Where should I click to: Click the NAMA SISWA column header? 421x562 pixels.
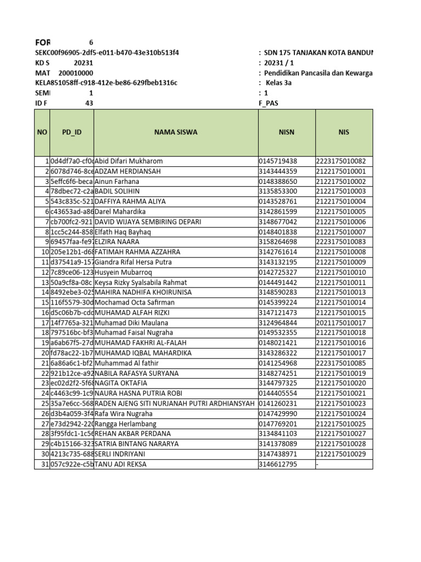[175, 132]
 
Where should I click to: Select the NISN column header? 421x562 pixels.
[287, 132]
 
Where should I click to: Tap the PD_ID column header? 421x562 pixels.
[72, 132]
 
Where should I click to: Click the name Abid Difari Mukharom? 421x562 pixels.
[129, 161]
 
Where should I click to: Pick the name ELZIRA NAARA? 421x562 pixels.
[117, 241]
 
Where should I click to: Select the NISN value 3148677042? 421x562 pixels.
[278, 222]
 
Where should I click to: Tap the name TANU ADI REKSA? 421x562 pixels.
[121, 464]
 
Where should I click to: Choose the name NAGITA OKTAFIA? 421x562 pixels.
[122, 383]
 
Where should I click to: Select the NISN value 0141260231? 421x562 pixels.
[278, 403]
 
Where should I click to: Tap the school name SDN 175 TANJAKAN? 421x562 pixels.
[318, 53]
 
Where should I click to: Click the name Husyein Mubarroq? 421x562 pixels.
[123, 272]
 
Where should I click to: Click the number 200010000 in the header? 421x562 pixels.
[76, 73]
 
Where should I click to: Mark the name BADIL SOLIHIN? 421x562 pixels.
[117, 192]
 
